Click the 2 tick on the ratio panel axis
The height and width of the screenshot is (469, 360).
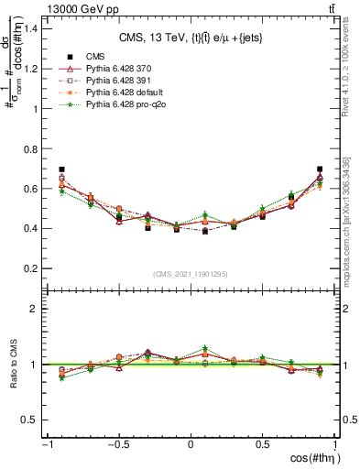pyautogui.click(x=36, y=309)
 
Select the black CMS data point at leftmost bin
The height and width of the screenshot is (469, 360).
pyautogui.click(x=61, y=169)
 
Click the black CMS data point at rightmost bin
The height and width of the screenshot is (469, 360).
pyautogui.click(x=320, y=169)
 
